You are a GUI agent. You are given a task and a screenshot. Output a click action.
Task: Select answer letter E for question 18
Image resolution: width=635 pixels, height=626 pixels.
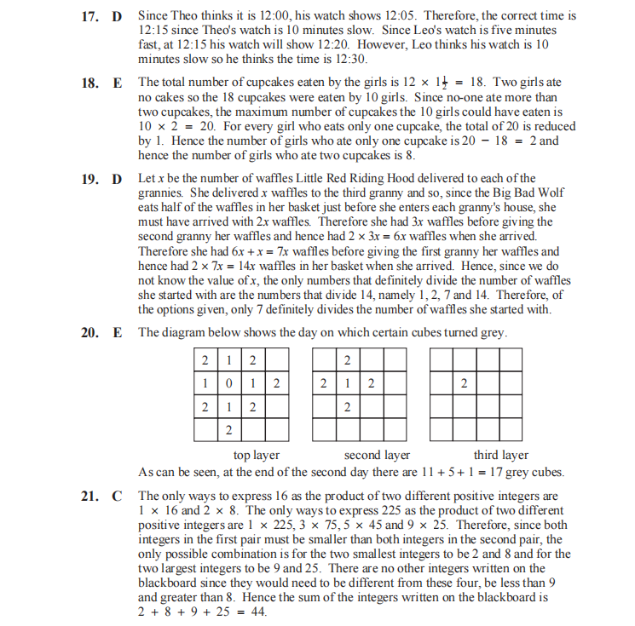(117, 83)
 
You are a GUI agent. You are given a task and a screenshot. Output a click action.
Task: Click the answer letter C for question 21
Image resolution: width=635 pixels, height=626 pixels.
(117, 496)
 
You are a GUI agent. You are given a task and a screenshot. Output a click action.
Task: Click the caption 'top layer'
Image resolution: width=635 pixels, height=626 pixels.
(256, 456)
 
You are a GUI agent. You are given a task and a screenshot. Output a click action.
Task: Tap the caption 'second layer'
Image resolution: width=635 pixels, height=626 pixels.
(377, 456)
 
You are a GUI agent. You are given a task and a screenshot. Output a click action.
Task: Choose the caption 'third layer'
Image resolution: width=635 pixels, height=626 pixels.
(500, 456)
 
